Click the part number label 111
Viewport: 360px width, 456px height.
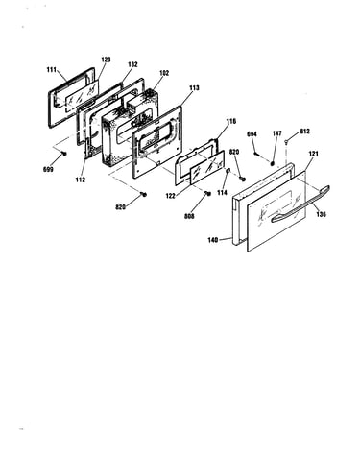point(52,70)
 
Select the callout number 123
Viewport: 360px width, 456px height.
point(106,60)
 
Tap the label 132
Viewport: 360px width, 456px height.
point(132,64)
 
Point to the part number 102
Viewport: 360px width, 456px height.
point(164,73)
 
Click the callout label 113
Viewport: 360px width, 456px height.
point(194,87)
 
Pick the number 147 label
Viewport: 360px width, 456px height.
point(277,133)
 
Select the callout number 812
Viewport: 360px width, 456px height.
point(304,132)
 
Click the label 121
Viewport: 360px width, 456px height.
point(313,154)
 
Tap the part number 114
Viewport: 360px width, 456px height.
point(222,193)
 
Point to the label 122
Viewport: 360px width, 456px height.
point(171,196)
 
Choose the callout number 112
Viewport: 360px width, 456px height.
point(81,180)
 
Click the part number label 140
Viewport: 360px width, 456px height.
point(213,240)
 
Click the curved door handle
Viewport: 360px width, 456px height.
point(300,204)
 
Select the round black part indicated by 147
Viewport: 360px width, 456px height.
point(273,163)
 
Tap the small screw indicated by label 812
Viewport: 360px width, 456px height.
point(286,140)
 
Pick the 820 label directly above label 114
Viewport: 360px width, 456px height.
point(234,153)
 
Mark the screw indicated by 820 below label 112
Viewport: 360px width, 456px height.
point(144,194)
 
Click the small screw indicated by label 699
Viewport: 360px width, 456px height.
point(64,154)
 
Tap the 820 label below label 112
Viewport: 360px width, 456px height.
point(121,207)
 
